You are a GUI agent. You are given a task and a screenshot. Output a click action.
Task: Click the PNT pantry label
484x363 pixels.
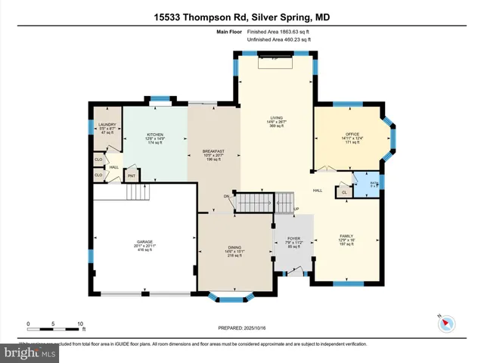(x=131, y=176)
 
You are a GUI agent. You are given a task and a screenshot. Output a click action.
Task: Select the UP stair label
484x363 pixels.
(x=296, y=208)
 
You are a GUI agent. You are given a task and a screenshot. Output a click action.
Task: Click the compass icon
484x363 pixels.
(x=445, y=323)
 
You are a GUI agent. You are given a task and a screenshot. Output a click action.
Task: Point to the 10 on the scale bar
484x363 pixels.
(x=80, y=324)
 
